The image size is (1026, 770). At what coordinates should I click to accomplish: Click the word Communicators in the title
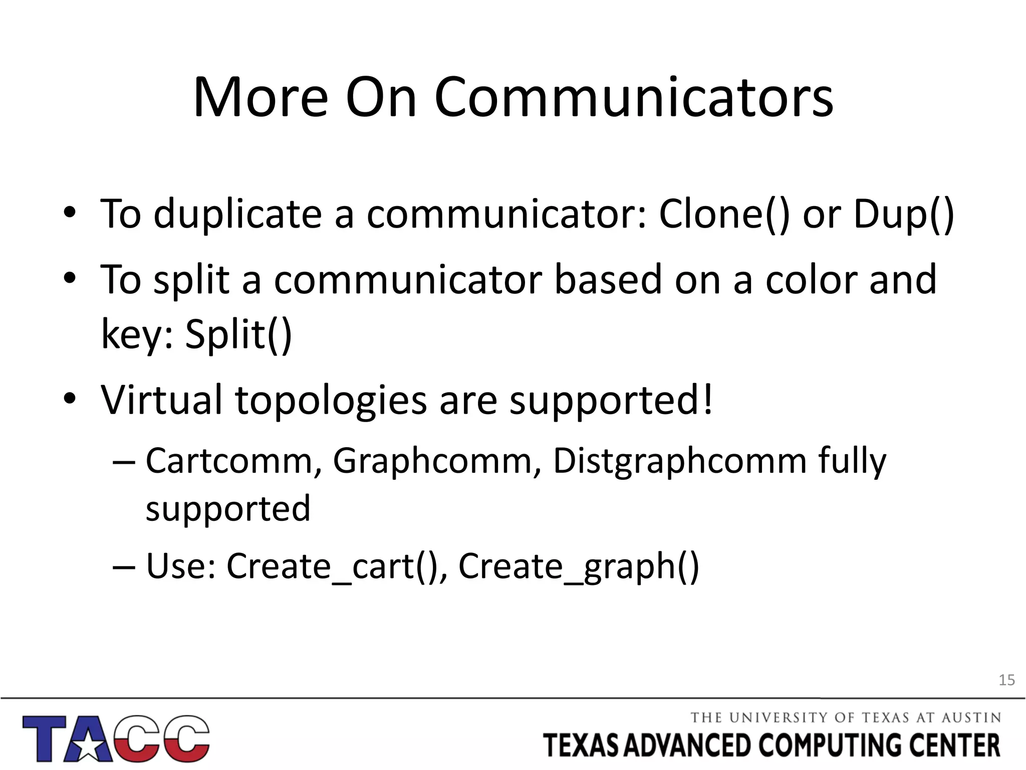[x=633, y=98]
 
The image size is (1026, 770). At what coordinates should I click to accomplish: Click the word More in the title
[x=261, y=98]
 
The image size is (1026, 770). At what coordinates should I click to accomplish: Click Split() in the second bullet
[x=238, y=335]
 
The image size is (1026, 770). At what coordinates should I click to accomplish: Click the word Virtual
[x=161, y=400]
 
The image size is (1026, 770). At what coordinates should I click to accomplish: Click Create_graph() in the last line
[x=579, y=566]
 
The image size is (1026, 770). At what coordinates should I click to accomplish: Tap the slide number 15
[x=1006, y=680]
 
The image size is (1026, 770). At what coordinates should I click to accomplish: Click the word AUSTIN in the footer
[x=971, y=718]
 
